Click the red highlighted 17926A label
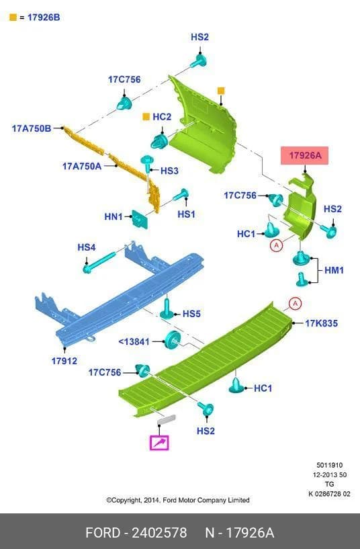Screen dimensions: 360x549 (x=305, y=155)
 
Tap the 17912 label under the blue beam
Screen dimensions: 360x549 (x=64, y=361)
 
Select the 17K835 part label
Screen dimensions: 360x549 (x=322, y=323)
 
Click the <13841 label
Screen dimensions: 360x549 (x=134, y=341)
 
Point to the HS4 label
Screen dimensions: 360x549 (x=87, y=247)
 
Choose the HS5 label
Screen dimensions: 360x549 (x=191, y=314)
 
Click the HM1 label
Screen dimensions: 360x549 (x=334, y=270)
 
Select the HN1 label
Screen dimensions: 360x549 (x=114, y=217)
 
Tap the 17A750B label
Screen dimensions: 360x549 (x=32, y=128)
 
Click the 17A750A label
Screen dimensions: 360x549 (x=82, y=166)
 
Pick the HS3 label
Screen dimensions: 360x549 (x=170, y=171)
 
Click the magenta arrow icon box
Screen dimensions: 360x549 (x=160, y=443)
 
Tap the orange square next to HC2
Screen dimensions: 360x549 (x=146, y=117)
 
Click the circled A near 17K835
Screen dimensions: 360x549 (x=296, y=304)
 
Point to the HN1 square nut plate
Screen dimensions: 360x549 (x=139, y=219)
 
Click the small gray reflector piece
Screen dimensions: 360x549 (x=166, y=419)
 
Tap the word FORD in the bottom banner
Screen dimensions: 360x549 (x=103, y=533)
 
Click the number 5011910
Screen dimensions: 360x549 (x=330, y=465)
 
